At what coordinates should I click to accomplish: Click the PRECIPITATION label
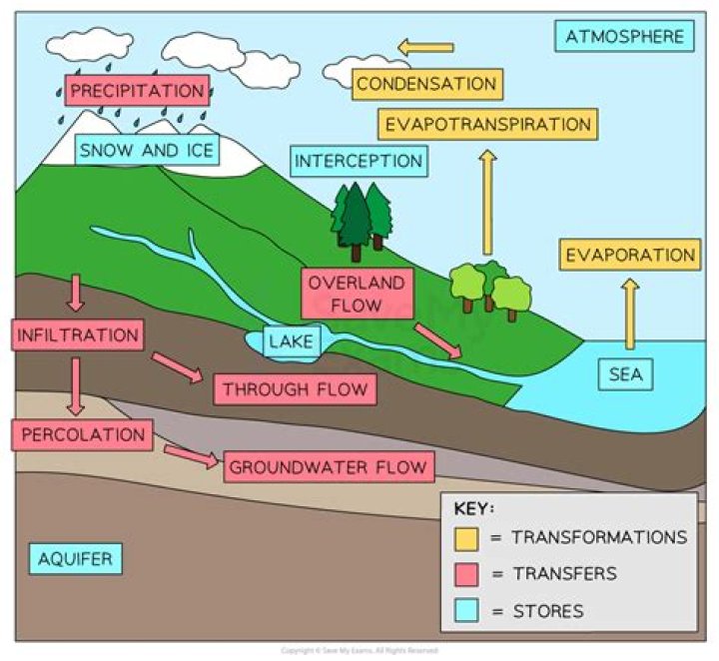click(138, 91)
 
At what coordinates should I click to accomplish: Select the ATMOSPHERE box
click(624, 37)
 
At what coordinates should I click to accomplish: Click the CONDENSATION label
click(426, 84)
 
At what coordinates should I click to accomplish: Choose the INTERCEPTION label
click(359, 161)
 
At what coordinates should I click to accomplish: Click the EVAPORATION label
click(630, 256)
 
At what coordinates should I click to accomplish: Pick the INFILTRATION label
click(77, 334)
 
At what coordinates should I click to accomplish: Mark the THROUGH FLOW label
click(295, 389)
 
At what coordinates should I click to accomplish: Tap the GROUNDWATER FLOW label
click(329, 466)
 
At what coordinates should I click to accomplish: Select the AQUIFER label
click(76, 558)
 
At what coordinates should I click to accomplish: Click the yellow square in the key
click(466, 538)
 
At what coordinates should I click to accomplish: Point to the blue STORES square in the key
click(466, 610)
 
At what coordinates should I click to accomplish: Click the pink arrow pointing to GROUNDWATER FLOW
click(191, 456)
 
